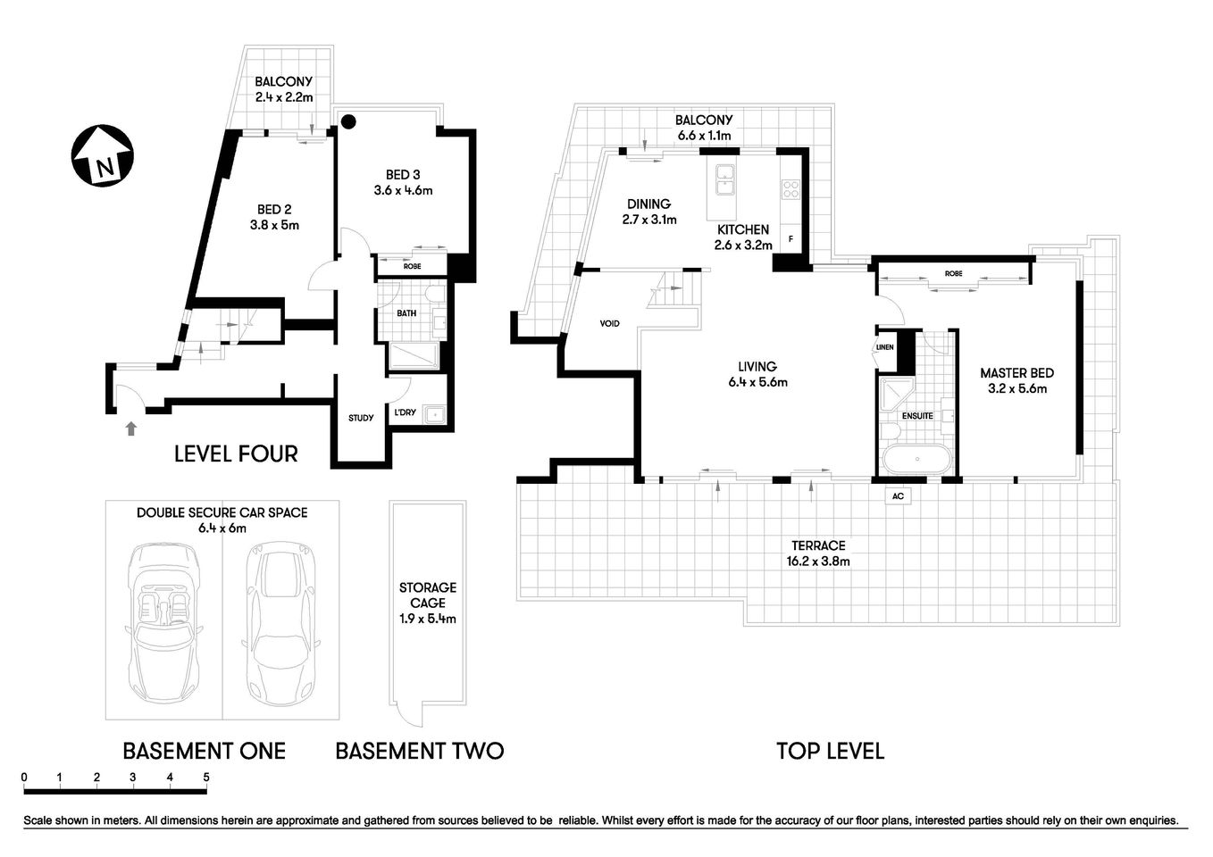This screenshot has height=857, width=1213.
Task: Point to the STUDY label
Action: click(361, 418)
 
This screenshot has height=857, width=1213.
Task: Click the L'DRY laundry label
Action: click(405, 412)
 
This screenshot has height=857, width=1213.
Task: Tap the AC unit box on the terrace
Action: click(898, 496)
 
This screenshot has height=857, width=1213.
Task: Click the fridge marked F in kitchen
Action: click(790, 239)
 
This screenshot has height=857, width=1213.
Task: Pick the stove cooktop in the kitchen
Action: click(791, 188)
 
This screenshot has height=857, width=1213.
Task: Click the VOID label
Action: click(610, 323)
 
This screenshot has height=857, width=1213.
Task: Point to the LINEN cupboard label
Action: click(884, 347)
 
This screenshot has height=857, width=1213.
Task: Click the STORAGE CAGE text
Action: click(428, 595)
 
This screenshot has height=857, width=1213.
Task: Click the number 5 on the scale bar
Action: click(206, 777)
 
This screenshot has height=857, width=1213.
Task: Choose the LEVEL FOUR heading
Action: click(236, 453)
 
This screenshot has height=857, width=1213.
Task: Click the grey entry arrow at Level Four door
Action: click(131, 428)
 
